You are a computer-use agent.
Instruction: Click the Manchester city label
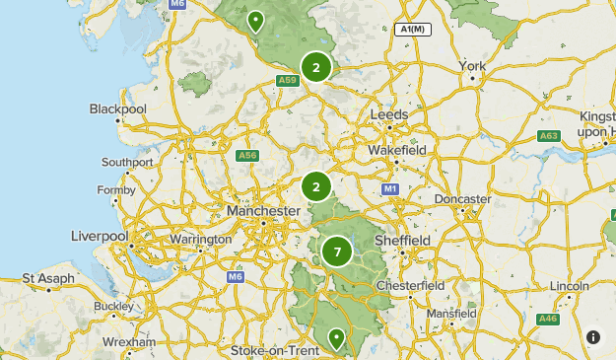[263, 211]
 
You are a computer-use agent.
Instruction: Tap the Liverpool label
[100, 237]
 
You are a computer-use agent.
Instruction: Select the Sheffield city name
[402, 240]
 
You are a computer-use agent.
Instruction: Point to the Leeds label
[388, 115]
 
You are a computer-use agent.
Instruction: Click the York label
[472, 67]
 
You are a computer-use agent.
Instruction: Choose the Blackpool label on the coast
[117, 108]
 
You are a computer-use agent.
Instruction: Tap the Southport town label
[127, 162]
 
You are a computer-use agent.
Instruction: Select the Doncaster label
[462, 199]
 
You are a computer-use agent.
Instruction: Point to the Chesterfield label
[412, 285]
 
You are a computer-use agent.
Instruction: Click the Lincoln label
[570, 286]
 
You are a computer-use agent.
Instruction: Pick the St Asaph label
[48, 279]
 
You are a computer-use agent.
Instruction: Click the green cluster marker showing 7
[337, 252]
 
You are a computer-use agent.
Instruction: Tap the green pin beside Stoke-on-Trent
[336, 339]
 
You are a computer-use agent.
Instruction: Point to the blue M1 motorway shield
[390, 188]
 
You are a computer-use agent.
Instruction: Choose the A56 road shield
[247, 155]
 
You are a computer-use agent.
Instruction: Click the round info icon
[593, 337]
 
